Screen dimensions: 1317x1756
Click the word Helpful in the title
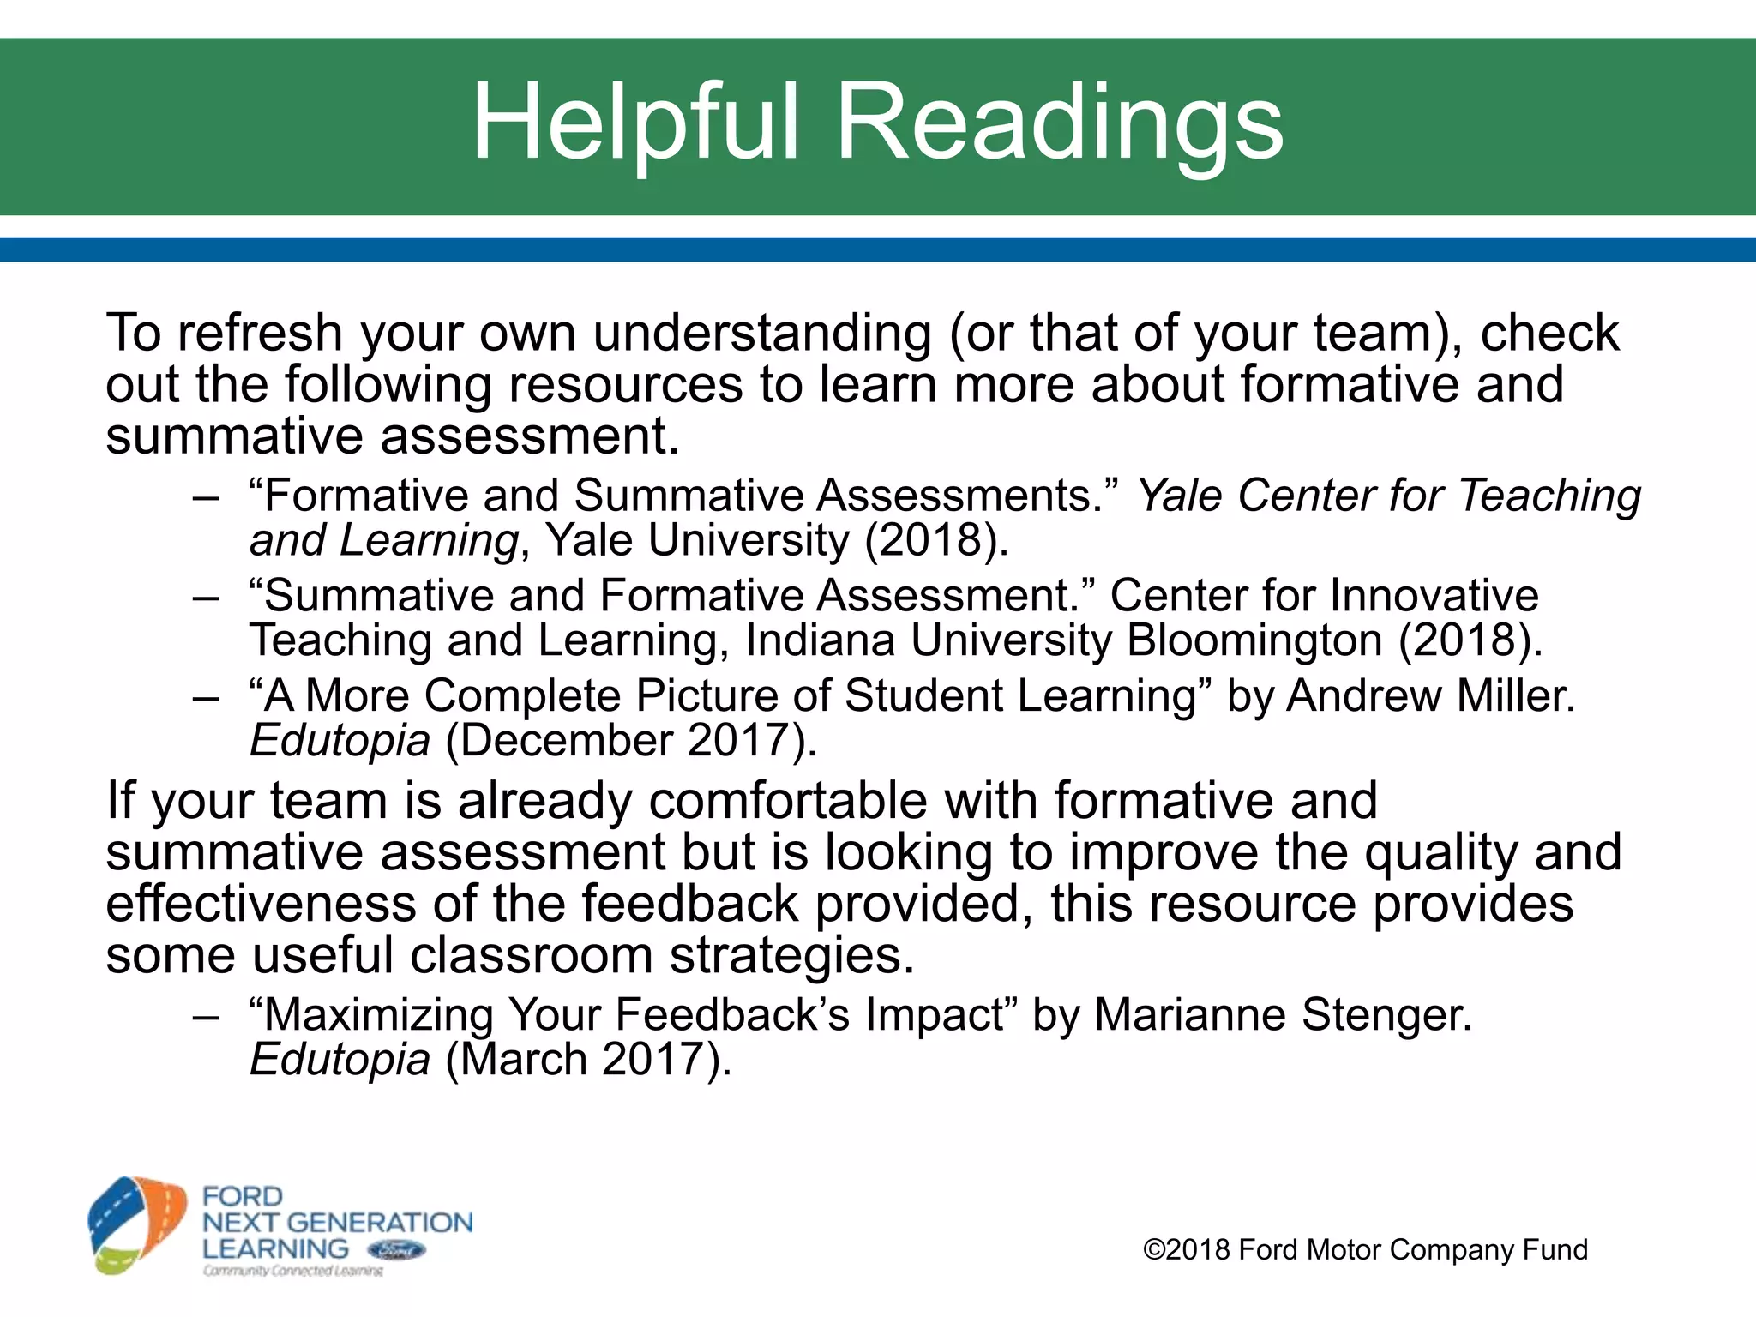pos(635,123)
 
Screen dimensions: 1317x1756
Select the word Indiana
pos(820,640)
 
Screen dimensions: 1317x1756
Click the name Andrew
pos(1364,695)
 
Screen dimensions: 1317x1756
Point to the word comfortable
pos(788,801)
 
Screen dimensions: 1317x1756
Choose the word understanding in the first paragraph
pos(762,333)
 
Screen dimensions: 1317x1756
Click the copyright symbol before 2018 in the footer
pos(1154,1250)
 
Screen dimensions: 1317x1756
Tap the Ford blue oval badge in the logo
pos(395,1250)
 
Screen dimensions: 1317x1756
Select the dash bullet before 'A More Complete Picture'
pos(206,696)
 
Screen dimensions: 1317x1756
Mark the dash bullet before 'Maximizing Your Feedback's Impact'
pos(206,1016)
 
